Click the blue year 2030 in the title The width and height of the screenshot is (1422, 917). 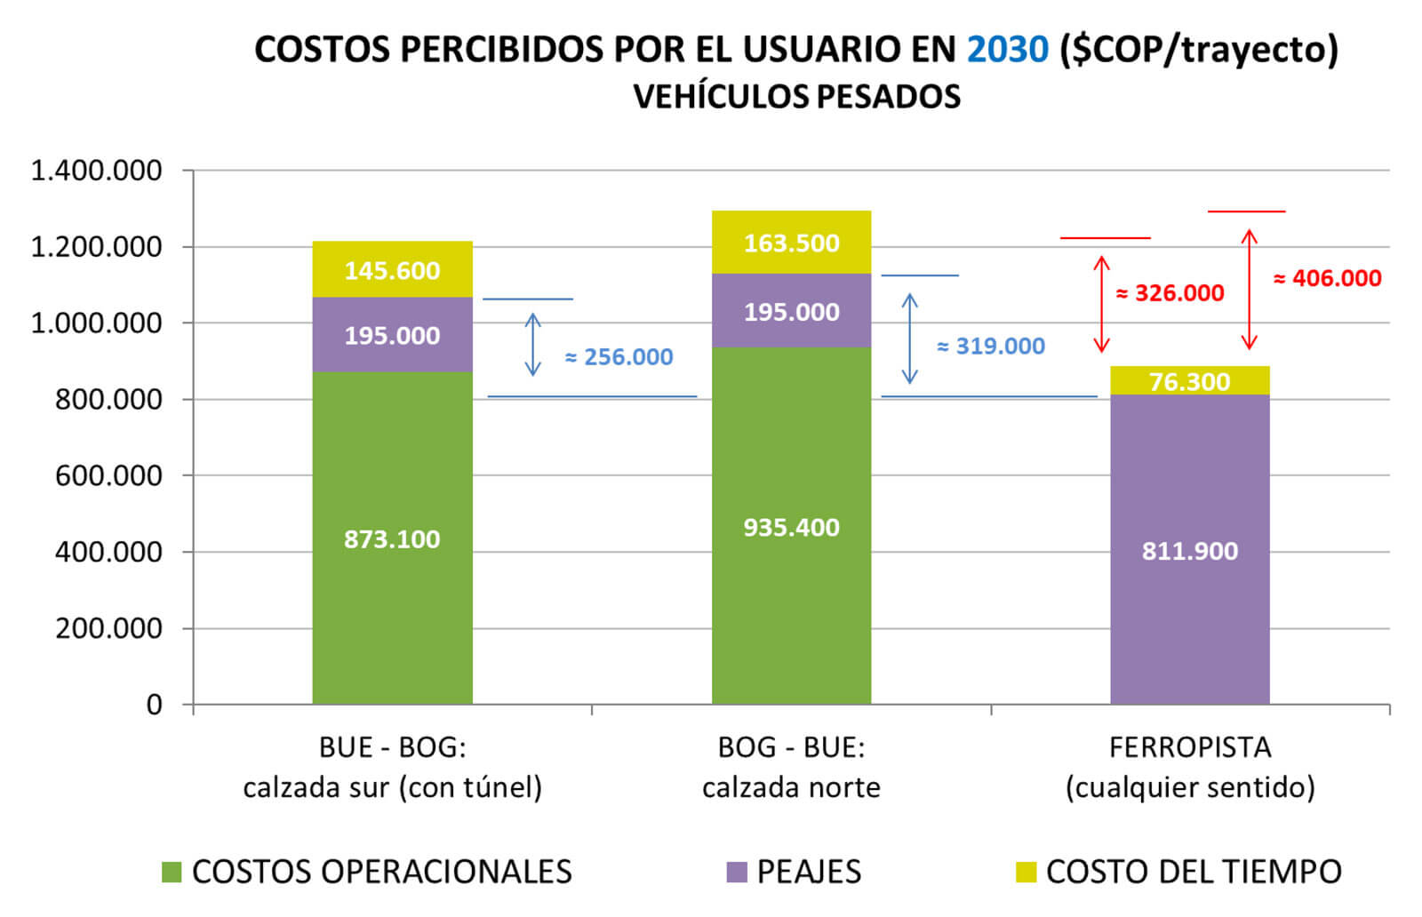(1007, 49)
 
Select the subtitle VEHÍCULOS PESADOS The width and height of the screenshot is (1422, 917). (796, 96)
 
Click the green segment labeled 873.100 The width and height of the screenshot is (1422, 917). (392, 538)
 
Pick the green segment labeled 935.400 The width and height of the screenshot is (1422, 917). (791, 526)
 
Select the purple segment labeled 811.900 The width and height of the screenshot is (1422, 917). (1189, 550)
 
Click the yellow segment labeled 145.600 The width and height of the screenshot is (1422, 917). (392, 269)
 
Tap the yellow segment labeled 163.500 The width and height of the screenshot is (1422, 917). (791, 243)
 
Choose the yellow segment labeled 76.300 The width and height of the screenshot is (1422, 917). (1189, 380)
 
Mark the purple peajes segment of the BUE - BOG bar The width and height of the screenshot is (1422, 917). (392, 335)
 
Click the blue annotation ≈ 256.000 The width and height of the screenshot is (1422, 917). (619, 356)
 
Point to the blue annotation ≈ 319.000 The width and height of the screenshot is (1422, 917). (990, 346)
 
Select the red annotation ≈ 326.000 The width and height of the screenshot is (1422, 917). (1170, 292)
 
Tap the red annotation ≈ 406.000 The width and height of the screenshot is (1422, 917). (1327, 278)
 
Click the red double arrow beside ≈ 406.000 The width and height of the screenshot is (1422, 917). (1249, 290)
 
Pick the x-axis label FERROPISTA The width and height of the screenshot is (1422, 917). (1189, 747)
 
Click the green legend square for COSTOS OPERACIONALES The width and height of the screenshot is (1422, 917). (172, 872)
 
